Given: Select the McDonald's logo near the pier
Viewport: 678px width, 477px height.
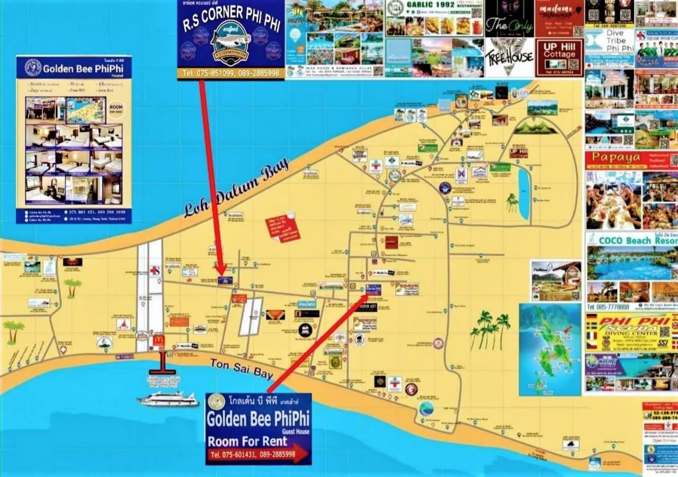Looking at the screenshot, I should pos(158,340).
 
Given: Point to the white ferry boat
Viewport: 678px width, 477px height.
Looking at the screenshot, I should pos(167,399).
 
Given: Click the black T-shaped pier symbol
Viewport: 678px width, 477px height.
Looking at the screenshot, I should pos(162,366).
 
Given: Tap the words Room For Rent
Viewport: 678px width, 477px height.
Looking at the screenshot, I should pos(247,441).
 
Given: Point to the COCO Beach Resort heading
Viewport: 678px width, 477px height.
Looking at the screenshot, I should pos(631,240).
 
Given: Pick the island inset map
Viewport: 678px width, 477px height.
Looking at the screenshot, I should pos(550,349).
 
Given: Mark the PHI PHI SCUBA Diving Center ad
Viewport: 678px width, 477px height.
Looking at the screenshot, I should pos(631,332).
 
